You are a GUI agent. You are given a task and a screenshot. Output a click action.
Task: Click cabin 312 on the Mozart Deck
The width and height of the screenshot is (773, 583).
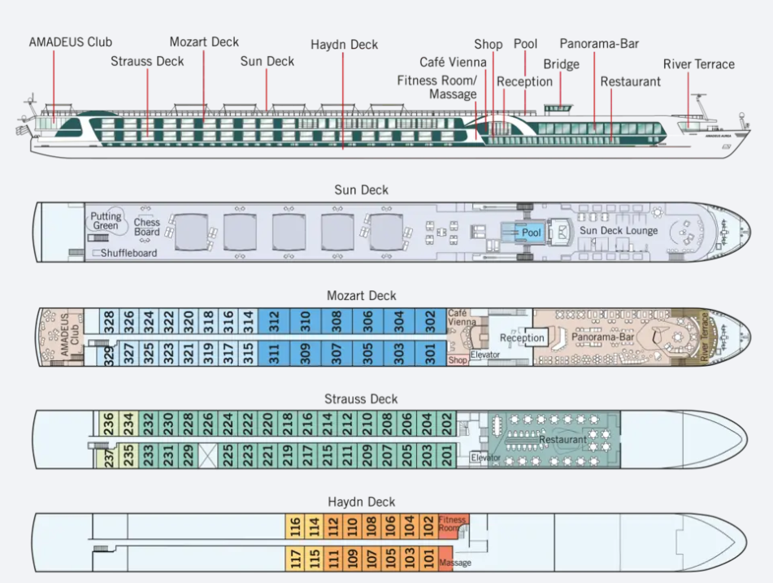tap(275, 323)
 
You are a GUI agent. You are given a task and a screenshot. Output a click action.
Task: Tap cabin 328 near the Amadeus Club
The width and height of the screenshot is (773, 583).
tap(109, 323)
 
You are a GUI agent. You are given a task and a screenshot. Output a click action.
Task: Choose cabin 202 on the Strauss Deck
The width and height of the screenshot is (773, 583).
tap(446, 424)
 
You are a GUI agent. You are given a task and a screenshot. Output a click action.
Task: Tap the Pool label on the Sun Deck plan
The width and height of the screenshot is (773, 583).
tap(532, 233)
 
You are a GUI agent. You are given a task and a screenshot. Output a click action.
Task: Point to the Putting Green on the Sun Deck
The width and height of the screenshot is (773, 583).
tap(106, 220)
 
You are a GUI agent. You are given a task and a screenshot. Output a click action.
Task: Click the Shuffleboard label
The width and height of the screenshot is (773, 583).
tap(128, 253)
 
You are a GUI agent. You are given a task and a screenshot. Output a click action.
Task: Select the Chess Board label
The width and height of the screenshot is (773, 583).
tap(147, 227)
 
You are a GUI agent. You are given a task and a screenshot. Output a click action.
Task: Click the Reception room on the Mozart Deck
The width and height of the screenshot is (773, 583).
tap(522, 338)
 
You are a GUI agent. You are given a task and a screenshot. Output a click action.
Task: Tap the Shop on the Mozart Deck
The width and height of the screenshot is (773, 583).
tap(458, 359)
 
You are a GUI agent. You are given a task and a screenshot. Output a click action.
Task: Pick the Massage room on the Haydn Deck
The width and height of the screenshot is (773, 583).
tap(454, 562)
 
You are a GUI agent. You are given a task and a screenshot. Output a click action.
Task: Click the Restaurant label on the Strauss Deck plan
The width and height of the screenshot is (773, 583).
tap(562, 440)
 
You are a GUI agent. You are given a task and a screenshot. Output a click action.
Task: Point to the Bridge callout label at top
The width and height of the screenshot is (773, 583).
tap(561, 64)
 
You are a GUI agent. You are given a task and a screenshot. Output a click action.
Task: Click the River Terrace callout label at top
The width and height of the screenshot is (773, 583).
tap(698, 64)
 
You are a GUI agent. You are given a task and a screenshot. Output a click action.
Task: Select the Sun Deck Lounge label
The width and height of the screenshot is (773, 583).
tap(619, 231)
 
